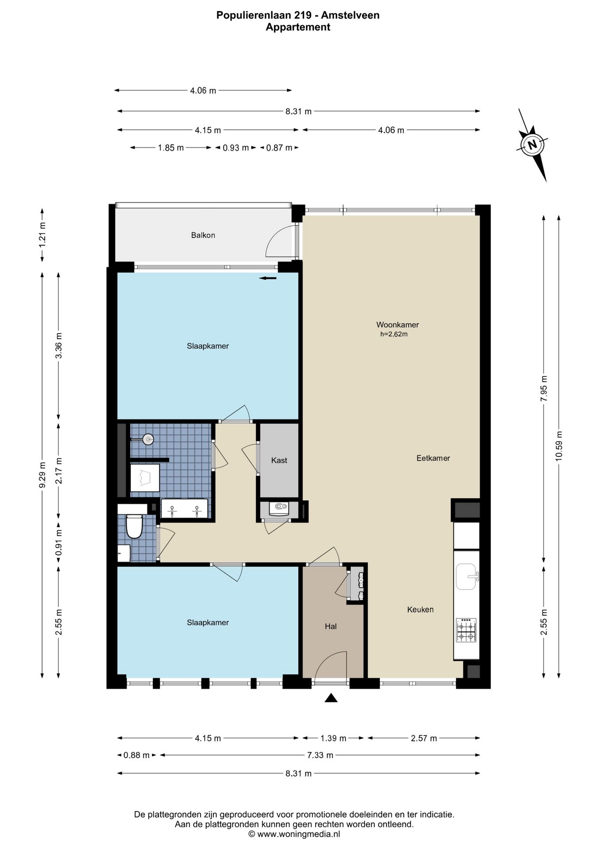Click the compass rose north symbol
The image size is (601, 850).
532,145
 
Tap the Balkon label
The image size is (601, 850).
203,235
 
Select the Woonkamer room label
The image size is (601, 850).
397,325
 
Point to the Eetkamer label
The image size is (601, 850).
433,458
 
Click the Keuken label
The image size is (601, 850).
420,610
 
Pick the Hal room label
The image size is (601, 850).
331,626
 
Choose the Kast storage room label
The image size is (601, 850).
279,460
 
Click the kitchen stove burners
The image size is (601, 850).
466,630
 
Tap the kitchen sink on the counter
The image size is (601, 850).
466,577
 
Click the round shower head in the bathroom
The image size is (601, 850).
148,439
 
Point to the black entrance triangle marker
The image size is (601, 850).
331,698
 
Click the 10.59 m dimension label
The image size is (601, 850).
559,446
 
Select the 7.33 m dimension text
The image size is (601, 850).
320,755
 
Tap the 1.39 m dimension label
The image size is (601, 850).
333,738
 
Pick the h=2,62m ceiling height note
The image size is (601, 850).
394,334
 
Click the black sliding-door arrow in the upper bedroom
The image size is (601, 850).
268,278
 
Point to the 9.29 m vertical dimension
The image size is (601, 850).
42,475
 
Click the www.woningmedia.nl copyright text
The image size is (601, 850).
294,834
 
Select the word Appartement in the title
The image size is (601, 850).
298,27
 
